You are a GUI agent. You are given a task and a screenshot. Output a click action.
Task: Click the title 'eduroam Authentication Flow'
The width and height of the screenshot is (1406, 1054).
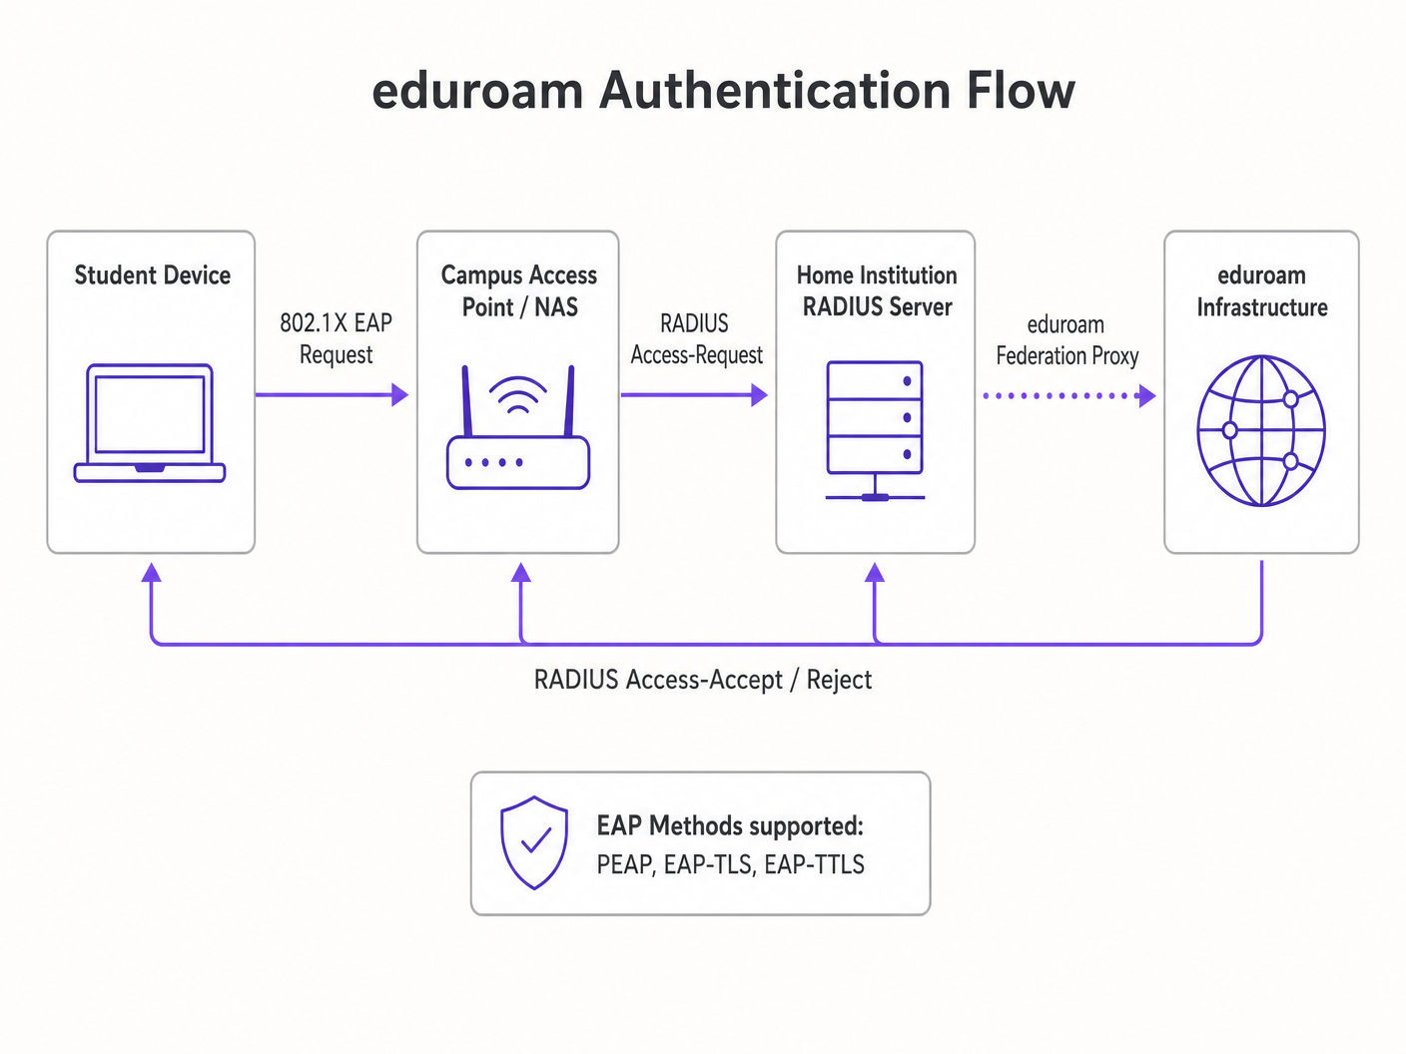coord(723,91)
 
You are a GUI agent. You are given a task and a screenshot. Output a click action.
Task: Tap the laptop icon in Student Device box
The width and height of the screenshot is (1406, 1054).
coord(150,424)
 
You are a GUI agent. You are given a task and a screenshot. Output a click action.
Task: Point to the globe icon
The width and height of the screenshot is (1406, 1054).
coord(1261,430)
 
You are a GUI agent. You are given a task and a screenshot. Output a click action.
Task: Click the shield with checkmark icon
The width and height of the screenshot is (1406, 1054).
coord(534,842)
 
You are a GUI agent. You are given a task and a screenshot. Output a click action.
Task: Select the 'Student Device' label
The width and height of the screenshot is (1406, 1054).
coord(152,275)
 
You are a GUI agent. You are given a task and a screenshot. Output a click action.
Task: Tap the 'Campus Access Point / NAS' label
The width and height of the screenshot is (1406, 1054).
coord(518,290)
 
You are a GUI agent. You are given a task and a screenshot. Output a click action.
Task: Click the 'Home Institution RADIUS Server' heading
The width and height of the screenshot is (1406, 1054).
coord(877,290)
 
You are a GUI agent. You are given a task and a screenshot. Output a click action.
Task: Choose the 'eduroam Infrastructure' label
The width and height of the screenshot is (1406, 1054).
coord(1261,290)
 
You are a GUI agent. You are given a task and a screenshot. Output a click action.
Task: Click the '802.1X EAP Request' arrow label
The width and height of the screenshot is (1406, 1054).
coord(336,338)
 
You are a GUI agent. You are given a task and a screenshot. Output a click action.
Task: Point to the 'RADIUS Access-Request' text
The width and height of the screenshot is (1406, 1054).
coord(696,339)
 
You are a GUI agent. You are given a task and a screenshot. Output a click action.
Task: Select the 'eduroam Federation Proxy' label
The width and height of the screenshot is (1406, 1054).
coord(1066,340)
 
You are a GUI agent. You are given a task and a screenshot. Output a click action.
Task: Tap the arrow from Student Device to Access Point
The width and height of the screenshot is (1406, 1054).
coord(332,395)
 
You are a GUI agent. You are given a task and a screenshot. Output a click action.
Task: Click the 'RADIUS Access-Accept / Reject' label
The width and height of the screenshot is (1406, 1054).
coord(702,680)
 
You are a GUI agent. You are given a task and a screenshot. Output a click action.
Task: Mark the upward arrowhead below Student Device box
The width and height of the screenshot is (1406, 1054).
coord(151,572)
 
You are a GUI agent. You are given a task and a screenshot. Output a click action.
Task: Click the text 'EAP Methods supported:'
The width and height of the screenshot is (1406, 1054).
coord(729,825)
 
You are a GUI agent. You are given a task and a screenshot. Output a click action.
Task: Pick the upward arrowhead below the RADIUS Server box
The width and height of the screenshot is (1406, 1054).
coord(875,572)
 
